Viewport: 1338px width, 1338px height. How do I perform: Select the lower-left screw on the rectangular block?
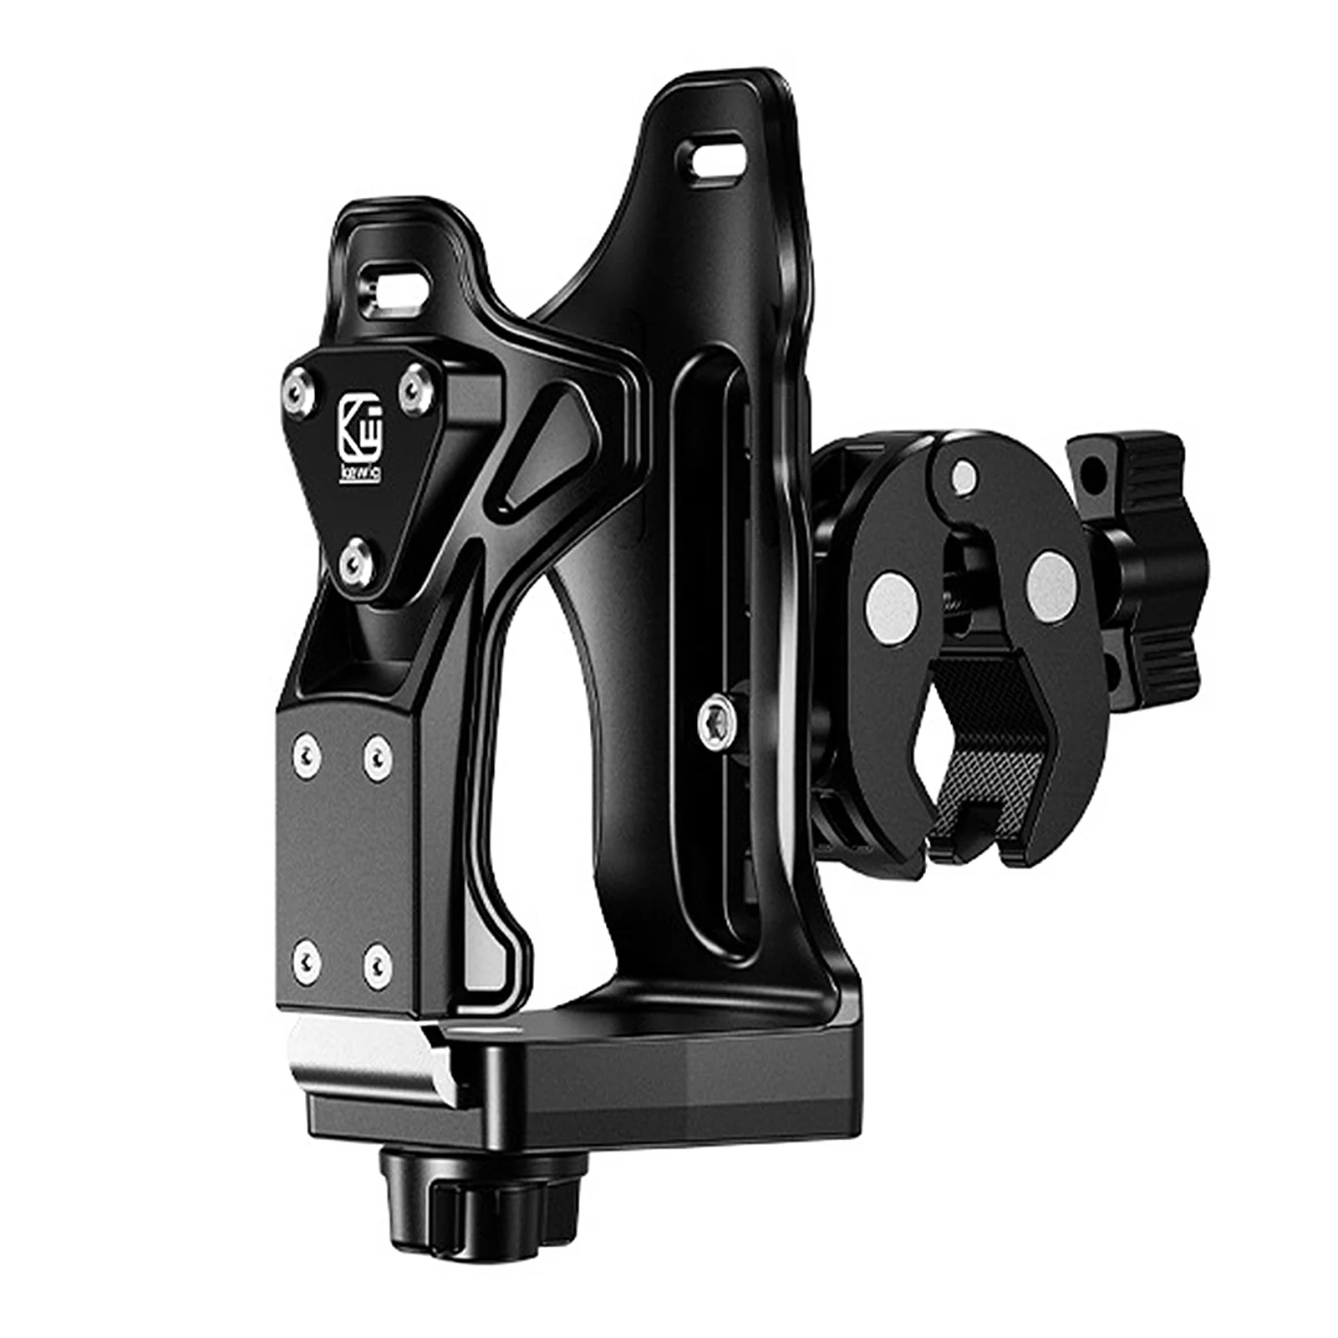coord(308,953)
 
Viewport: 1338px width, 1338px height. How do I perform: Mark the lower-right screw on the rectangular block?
coord(374,954)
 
